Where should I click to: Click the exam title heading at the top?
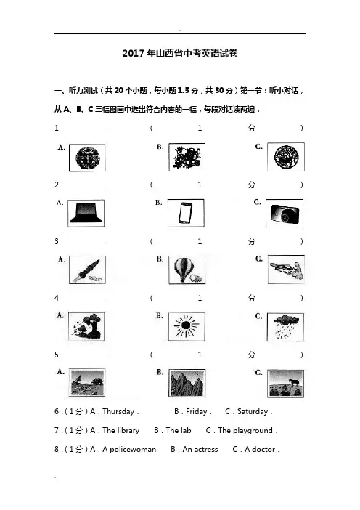pyautogui.click(x=180, y=53)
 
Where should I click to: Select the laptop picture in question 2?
pyautogui.click(x=86, y=213)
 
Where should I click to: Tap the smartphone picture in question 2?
pyautogui.click(x=186, y=213)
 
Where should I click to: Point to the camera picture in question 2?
pyautogui.click(x=285, y=214)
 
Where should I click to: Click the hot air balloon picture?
pyautogui.click(x=187, y=270)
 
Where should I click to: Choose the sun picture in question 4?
pyautogui.click(x=187, y=326)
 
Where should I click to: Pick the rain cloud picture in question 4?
pyautogui.click(x=285, y=327)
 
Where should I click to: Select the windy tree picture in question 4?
pyautogui.click(x=87, y=326)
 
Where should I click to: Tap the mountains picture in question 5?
pyautogui.click(x=187, y=383)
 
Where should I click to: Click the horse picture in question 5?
pyautogui.click(x=285, y=384)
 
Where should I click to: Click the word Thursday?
pyautogui.click(x=118, y=411)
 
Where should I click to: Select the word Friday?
pyautogui.click(x=196, y=411)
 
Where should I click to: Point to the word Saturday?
pyautogui.click(x=253, y=411)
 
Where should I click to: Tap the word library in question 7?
pyautogui.click(x=128, y=430)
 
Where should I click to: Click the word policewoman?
pyautogui.click(x=133, y=449)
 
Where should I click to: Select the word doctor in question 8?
pyautogui.click(x=263, y=449)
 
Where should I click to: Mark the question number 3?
pyautogui.click(x=57, y=241)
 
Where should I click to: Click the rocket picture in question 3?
pyautogui.click(x=87, y=270)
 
